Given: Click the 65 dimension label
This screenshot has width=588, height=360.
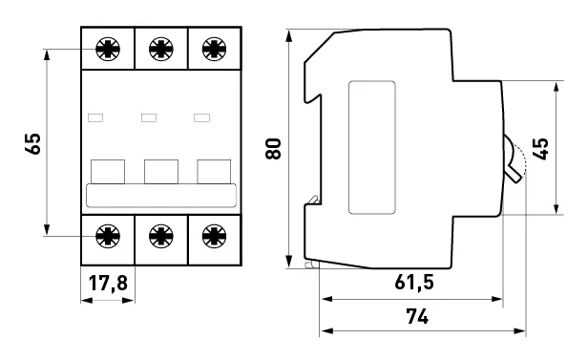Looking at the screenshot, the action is pos(33,143).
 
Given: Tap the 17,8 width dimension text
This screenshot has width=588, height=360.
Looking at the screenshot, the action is pos(108,283).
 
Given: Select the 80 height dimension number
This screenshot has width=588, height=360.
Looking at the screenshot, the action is pos(273,149).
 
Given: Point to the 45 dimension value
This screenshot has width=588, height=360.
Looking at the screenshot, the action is pos(540,149).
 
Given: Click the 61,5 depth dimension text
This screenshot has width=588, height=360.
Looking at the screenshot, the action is pos(414,282).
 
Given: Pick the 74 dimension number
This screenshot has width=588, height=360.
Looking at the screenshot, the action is pos(417,316).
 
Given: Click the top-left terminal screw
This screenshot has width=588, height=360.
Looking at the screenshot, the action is pos(108,49).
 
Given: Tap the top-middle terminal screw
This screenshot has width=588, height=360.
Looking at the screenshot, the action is pos(161,49).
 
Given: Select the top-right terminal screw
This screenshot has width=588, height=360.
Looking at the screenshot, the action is pos(214,49).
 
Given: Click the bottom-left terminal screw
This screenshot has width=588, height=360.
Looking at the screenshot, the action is pos(108,236).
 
